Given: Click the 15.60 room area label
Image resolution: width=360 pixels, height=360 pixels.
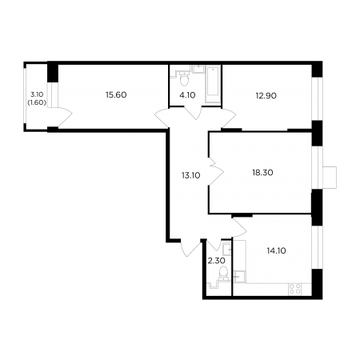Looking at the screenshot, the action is (x=116, y=95).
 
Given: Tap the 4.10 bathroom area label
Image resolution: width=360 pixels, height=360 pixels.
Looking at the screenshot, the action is (x=187, y=95).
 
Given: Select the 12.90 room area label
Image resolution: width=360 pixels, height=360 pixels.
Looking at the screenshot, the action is (x=266, y=95).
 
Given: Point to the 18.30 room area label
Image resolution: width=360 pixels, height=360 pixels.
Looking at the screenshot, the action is (x=262, y=173).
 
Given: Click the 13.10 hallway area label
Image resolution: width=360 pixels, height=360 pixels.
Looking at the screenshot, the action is (x=191, y=175).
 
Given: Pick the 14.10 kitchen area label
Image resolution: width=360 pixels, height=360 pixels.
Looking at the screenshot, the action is (x=276, y=250).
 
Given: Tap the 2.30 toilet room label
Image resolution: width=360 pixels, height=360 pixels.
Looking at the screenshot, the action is (x=216, y=261).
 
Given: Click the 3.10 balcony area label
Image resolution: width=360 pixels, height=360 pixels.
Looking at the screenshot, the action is (x=37, y=94).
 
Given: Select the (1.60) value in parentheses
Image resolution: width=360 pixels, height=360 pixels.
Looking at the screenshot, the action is (x=37, y=102).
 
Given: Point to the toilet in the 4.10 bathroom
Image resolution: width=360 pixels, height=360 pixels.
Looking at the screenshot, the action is (x=184, y=78).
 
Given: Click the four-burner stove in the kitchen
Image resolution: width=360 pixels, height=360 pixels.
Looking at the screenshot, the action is (x=295, y=289).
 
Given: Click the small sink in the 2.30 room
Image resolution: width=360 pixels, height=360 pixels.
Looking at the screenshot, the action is (x=226, y=249).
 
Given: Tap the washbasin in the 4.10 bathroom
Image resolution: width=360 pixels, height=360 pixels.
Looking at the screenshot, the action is (x=198, y=69).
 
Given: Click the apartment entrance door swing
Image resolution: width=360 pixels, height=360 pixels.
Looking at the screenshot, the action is (x=190, y=247).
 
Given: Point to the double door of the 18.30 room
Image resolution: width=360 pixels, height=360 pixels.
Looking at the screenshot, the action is (x=215, y=170).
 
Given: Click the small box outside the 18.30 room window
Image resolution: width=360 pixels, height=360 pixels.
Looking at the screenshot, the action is (x=330, y=178).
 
